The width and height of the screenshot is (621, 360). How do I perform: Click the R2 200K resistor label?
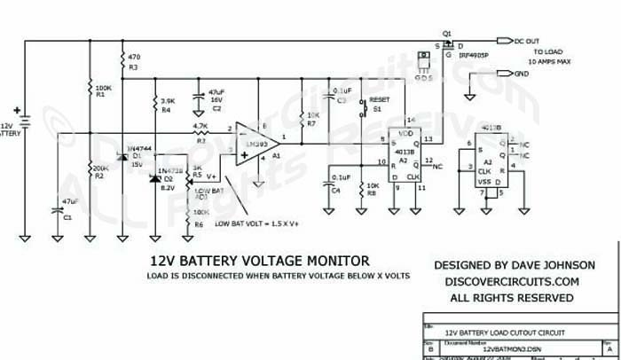pyautogui.click(x=100, y=172)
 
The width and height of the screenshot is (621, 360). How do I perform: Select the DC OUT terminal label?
pyautogui.click(x=529, y=40)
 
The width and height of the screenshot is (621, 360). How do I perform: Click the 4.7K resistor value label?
pyautogui.click(x=200, y=127)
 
